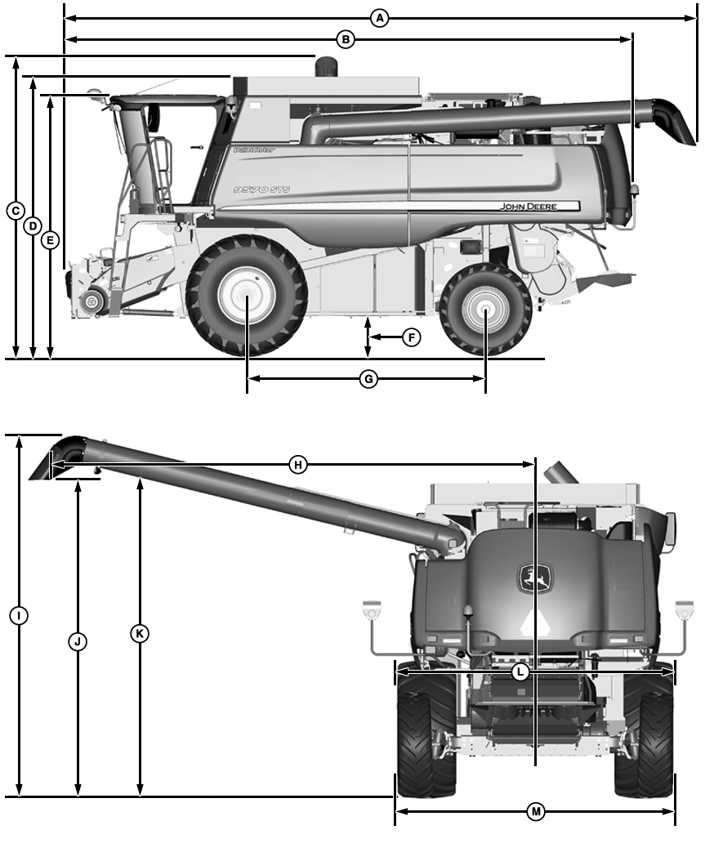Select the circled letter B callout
click(x=345, y=38)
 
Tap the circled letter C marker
click(x=15, y=211)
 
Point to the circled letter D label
click(x=33, y=225)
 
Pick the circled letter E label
click(x=50, y=240)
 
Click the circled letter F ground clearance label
click(x=412, y=337)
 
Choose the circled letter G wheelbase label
click(x=368, y=379)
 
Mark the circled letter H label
click(x=298, y=465)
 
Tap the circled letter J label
click(x=78, y=641)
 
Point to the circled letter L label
click(x=520, y=671)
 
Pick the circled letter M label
click(x=536, y=811)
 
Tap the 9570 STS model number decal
click(x=261, y=190)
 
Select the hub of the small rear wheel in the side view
click(x=484, y=310)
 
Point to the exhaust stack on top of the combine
click(x=327, y=66)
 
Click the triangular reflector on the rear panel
click(x=534, y=623)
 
